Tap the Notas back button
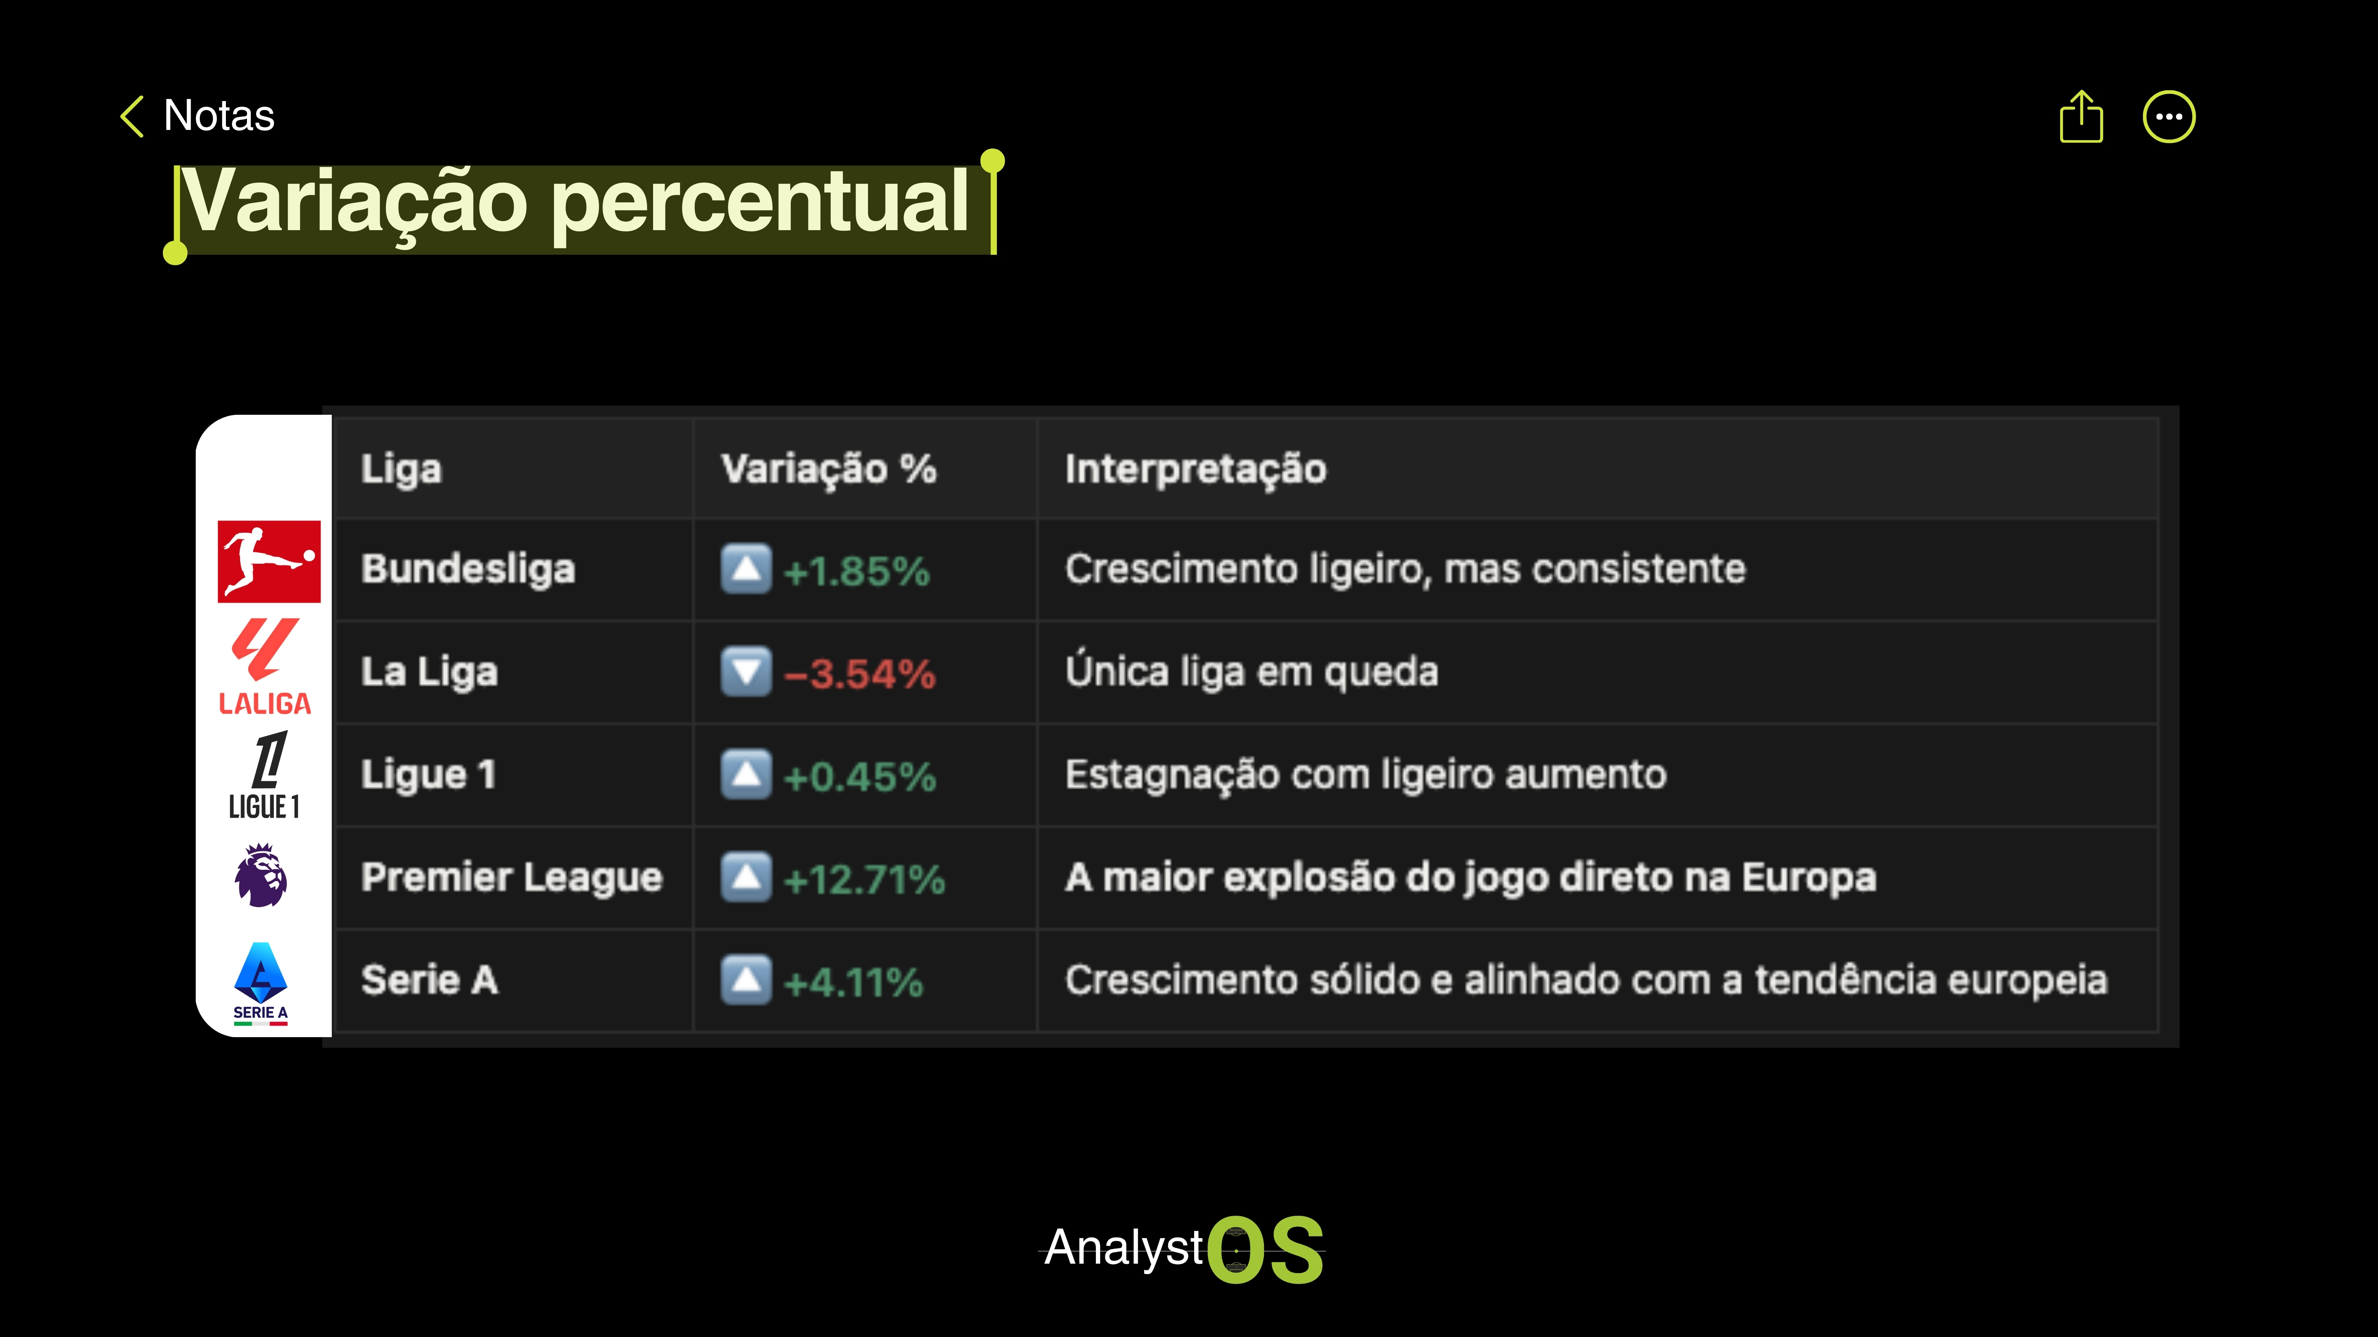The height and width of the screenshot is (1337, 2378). pyautogui.click(x=197, y=116)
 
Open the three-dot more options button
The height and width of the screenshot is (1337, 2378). pyautogui.click(x=2168, y=117)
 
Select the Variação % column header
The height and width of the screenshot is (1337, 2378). pyautogui.click(x=828, y=469)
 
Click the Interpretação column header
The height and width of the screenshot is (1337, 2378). pyautogui.click(x=1195, y=469)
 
